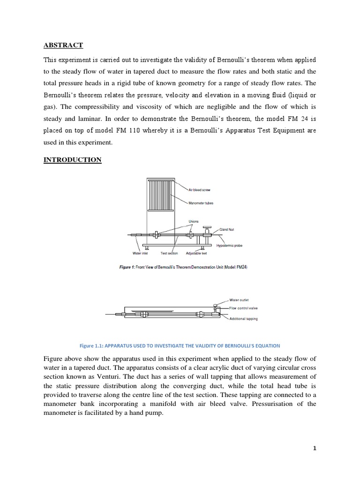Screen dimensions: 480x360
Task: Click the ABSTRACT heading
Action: point(63,45)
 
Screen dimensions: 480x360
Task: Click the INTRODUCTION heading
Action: point(72,160)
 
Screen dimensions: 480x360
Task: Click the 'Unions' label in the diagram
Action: point(194,221)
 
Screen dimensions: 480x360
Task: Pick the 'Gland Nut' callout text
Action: point(228,230)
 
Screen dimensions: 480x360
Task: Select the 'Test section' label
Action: point(169,254)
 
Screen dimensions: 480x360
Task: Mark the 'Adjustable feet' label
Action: point(196,254)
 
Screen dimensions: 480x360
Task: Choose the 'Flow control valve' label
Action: point(243,308)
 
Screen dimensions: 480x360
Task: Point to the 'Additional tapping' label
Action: point(243,318)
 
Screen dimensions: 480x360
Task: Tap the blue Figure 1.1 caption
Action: point(180,345)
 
